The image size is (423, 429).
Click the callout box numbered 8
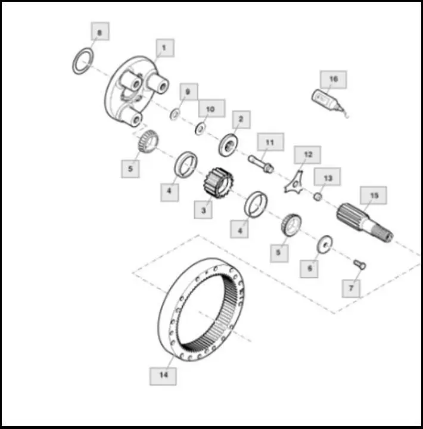pyautogui.click(x=100, y=31)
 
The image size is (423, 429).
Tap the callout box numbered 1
pyautogui.click(x=165, y=48)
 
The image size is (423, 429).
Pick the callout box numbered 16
pyautogui.click(x=333, y=79)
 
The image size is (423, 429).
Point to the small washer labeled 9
pyautogui.click(x=175, y=114)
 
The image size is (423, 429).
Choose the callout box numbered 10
pyautogui.click(x=211, y=108)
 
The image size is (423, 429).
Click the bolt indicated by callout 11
pyautogui.click(x=261, y=163)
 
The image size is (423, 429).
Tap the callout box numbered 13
pyautogui.click(x=327, y=177)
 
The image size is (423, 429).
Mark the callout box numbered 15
pyautogui.click(x=374, y=195)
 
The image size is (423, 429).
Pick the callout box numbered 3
pyautogui.click(x=203, y=210)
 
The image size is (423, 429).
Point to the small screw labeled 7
pyautogui.click(x=359, y=265)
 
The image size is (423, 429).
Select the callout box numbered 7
pyautogui.click(x=351, y=288)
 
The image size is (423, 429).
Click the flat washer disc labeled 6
pyautogui.click(x=325, y=244)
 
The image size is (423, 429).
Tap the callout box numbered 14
pyautogui.click(x=163, y=376)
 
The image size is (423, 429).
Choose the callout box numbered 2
pyautogui.click(x=241, y=120)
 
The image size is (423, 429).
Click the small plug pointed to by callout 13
pyautogui.click(x=318, y=197)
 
